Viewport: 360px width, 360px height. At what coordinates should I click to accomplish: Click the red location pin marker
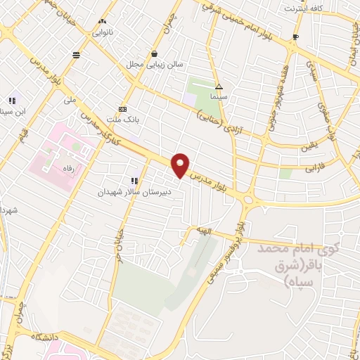[x=181, y=165]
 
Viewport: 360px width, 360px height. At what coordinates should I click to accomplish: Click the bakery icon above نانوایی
[x=104, y=22]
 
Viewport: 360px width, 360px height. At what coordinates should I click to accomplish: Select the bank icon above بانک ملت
[x=123, y=109]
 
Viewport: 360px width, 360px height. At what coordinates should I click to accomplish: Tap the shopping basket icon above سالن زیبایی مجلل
[x=154, y=53]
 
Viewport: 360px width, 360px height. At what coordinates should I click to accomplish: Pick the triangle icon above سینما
[x=219, y=87]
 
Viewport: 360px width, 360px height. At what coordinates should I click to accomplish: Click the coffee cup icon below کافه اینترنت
[x=296, y=37]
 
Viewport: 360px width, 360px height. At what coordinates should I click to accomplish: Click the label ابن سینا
[x=18, y=112]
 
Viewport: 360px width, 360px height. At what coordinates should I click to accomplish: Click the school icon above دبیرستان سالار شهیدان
[x=134, y=181]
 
